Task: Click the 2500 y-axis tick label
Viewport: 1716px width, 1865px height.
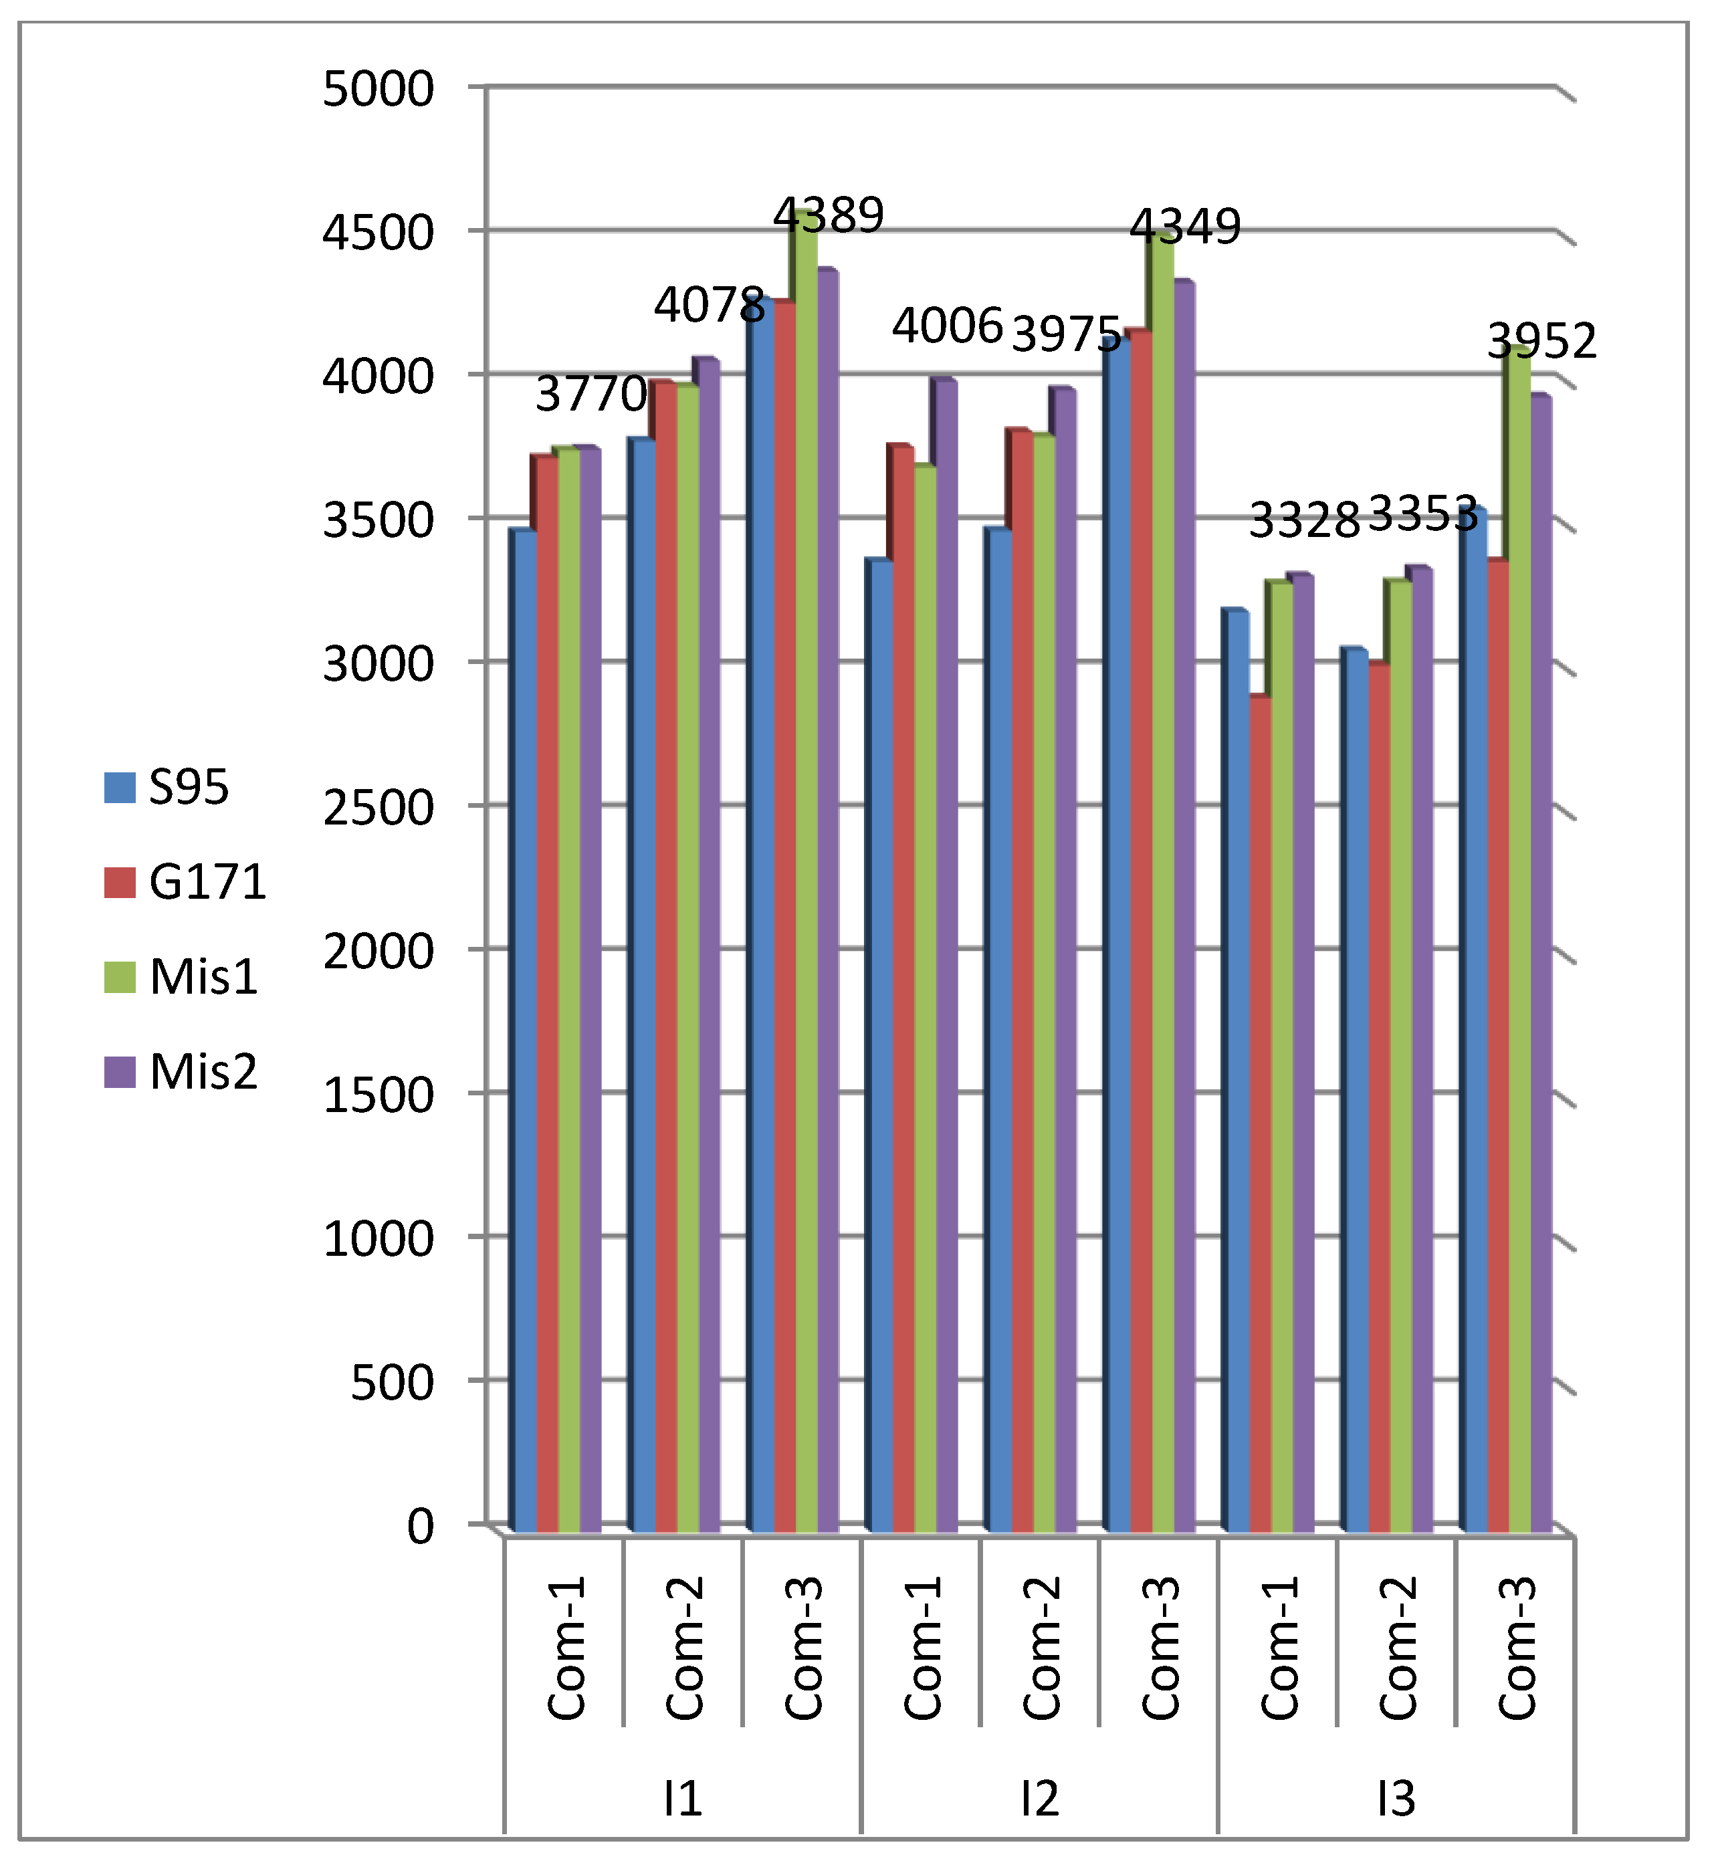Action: [x=378, y=808]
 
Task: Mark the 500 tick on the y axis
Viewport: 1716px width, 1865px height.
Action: [x=391, y=1382]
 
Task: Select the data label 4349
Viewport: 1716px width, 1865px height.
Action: [x=1185, y=227]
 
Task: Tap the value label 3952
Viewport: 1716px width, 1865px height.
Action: [x=1541, y=342]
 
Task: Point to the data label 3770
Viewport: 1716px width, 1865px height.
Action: [x=591, y=394]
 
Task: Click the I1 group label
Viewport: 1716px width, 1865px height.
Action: [x=683, y=1798]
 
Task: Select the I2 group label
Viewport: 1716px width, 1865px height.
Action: [x=1039, y=1798]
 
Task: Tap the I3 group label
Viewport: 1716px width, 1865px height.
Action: [x=1396, y=1798]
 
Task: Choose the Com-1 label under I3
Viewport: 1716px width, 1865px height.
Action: [x=1279, y=1648]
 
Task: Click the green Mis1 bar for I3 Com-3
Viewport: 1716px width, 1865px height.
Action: [x=1519, y=928]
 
